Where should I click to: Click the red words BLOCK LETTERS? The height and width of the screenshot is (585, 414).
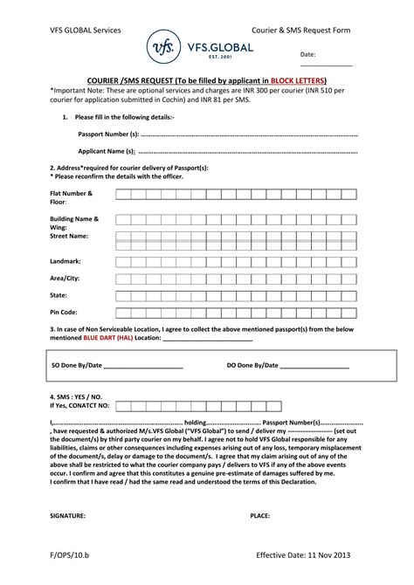tap(297, 79)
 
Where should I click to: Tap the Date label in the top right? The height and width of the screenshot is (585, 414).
tap(307, 54)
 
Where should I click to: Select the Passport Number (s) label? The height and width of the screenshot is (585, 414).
tap(108, 134)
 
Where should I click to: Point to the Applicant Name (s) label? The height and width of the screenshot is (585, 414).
tap(107, 151)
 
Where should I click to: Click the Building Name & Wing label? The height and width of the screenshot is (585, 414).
tap(74, 223)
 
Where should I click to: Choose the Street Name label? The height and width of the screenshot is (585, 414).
tap(69, 236)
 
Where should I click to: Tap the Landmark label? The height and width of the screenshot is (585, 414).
tap(66, 261)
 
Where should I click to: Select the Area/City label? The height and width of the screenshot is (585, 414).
tap(66, 279)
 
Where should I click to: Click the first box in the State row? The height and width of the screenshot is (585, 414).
tap(124, 295)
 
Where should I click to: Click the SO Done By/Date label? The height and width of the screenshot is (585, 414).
tap(77, 366)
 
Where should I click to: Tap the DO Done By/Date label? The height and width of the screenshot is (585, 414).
tap(252, 366)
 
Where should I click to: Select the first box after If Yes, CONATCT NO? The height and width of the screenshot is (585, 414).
tap(124, 405)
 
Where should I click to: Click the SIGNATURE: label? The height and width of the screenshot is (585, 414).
tap(67, 516)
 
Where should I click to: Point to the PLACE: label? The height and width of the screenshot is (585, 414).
tap(259, 516)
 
